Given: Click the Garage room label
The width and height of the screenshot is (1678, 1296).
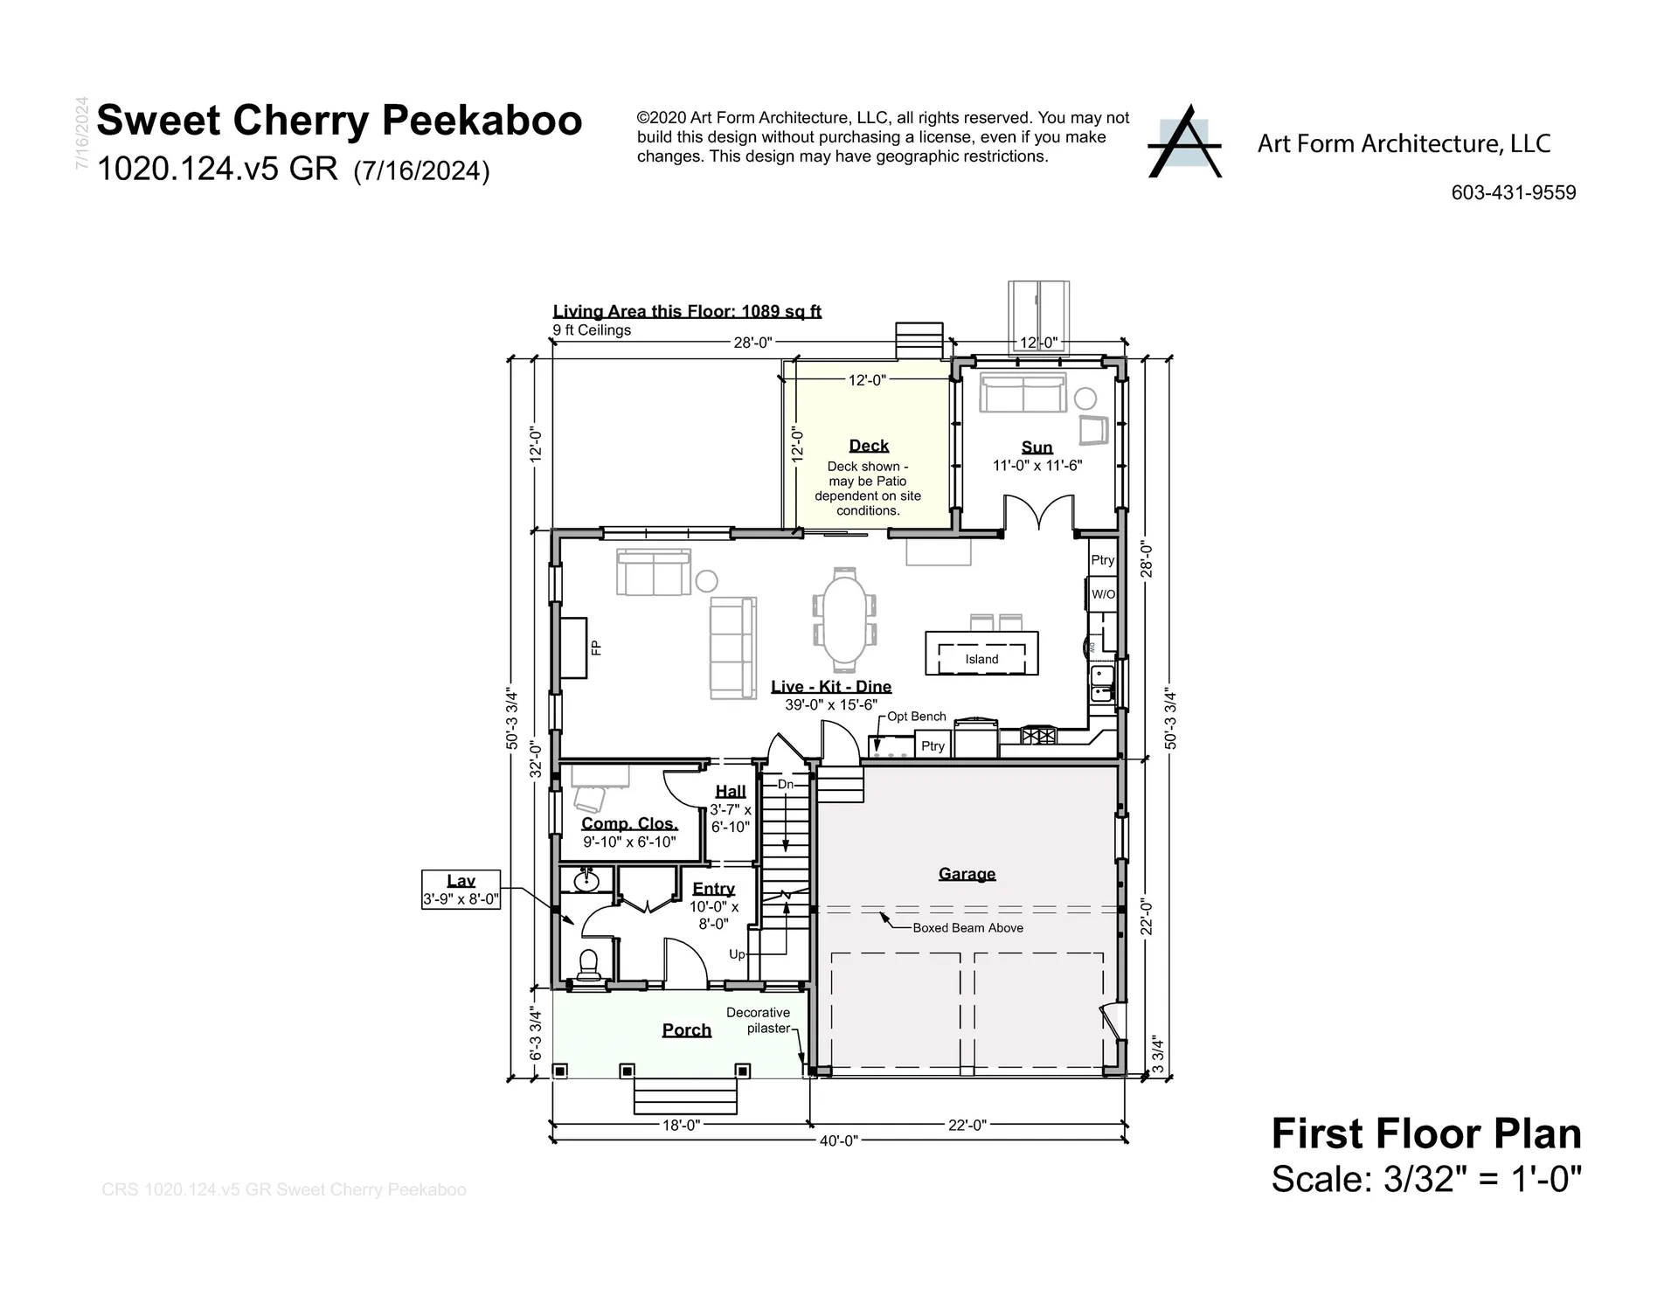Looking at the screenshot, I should pos(967,873).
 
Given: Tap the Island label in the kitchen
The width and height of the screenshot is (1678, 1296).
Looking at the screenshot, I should pos(981,659).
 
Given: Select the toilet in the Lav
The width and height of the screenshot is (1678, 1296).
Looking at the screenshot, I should pos(588,965).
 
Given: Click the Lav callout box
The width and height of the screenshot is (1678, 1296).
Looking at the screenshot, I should pos(461,890).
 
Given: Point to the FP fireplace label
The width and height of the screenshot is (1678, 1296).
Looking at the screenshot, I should pos(596,648).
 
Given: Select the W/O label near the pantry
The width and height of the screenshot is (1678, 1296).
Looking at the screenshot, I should pos(1103,594).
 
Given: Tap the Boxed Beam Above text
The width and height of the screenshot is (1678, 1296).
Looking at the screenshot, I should pos(967,928).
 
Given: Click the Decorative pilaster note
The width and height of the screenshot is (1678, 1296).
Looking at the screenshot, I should pos(758,1020).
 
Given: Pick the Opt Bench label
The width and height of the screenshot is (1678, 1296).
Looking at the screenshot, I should pos(916,717).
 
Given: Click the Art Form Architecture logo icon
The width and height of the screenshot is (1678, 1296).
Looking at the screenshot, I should pos(1184,143).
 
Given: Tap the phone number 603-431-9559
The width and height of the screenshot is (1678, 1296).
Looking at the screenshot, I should pos(1513,193).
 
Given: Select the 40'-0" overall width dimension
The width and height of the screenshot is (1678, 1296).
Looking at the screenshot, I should pos(838,1140).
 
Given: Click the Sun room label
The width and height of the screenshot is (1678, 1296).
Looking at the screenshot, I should pos(1037,447).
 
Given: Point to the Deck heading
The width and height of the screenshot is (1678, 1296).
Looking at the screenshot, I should pos(869,446).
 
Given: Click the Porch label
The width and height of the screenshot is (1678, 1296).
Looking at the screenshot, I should pos(686,1029).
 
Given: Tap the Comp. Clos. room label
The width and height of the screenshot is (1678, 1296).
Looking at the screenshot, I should pos(629,823).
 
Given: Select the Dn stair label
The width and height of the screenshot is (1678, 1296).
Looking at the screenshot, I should pos(785,784).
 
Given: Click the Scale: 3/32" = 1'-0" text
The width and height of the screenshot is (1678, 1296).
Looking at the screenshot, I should pos(1425,1179).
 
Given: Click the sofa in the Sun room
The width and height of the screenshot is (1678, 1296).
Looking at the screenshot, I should pos(1022,393).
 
